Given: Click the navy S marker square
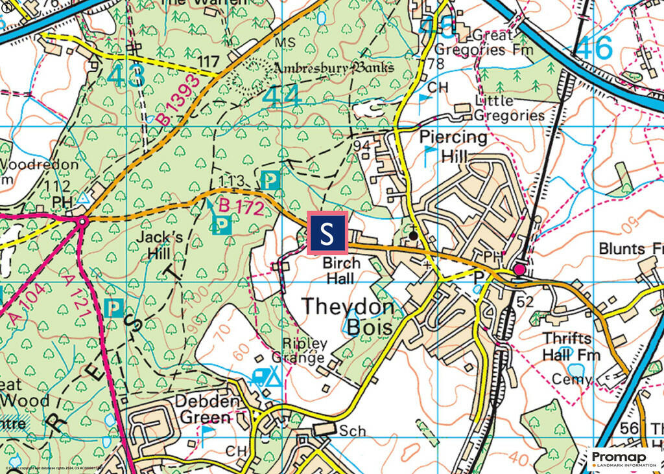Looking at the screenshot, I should click(x=327, y=232).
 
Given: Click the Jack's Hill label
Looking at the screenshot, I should click(x=159, y=245).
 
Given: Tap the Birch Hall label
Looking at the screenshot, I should click(x=342, y=271).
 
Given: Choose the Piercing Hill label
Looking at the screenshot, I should click(x=453, y=146).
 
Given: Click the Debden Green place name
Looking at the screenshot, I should click(x=204, y=409).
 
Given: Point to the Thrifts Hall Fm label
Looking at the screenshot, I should click(x=571, y=347).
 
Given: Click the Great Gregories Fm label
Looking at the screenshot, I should click(x=484, y=42).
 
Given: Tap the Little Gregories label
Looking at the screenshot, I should click(x=509, y=108).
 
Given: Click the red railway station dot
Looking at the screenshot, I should click(x=519, y=269).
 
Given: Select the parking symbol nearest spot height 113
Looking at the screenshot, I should click(x=270, y=180).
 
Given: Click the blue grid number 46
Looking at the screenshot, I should click(x=594, y=49).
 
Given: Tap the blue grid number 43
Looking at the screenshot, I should click(x=126, y=76).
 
